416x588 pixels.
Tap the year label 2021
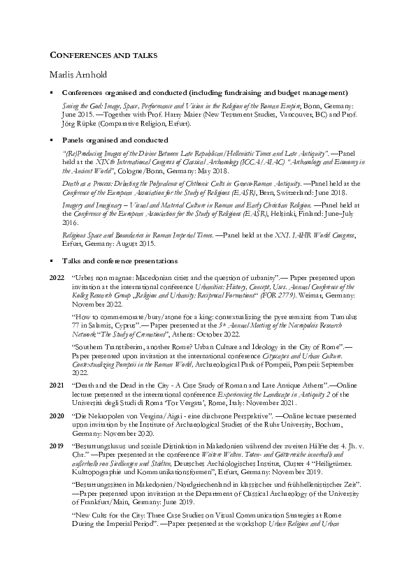57,385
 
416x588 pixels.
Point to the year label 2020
57,415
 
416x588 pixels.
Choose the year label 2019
57,445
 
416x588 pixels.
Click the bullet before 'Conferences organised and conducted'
51,92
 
